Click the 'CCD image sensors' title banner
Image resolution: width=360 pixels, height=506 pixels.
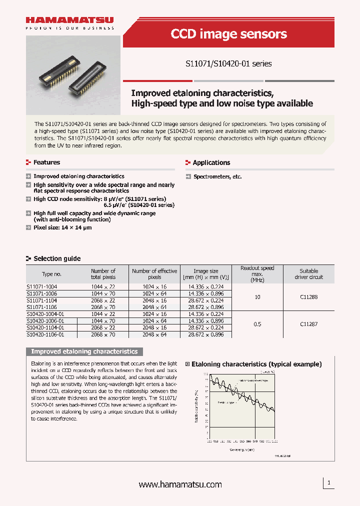click(228, 34)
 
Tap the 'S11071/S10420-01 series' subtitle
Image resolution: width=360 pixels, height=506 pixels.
click(228, 63)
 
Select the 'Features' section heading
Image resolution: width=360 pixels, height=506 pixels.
click(46, 162)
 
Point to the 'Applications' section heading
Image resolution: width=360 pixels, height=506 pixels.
click(211, 162)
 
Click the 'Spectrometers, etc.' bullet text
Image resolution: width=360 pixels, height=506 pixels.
click(217, 176)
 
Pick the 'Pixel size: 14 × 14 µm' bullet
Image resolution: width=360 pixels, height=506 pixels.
click(62, 227)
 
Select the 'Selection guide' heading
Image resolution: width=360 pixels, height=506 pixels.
click(56, 258)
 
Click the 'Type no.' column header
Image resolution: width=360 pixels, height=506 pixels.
click(51, 274)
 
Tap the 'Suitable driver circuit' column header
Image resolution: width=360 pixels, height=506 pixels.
click(308, 274)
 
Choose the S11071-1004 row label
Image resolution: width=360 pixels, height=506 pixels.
click(41, 286)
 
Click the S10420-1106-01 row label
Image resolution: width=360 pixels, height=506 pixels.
click(45, 334)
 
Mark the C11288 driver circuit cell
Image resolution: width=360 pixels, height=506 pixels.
click(308, 297)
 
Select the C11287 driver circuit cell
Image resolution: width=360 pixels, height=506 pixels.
click(308, 324)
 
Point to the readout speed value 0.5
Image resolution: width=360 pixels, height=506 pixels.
click(257, 324)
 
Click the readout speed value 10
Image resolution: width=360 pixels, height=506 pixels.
click(257, 297)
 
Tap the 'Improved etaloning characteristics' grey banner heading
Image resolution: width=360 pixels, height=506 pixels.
click(84, 351)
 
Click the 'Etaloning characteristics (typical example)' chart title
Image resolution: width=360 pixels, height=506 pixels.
click(256, 364)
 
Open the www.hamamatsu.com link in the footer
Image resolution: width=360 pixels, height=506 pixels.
click(179, 484)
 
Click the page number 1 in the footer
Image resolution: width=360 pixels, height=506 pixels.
click(328, 483)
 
